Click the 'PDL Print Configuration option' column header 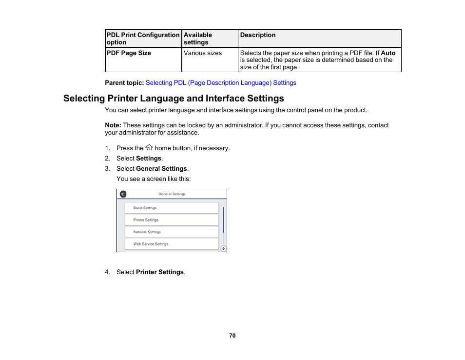(143, 39)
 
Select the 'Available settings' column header (198, 39)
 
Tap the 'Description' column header (258, 35)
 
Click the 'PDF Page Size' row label (129, 53)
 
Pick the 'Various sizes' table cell (203, 53)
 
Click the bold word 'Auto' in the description (388, 53)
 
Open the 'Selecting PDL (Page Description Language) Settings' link (221, 83)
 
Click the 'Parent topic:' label (124, 83)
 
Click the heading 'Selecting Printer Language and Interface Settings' (174, 99)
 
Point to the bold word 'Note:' (113, 125)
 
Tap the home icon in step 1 (149, 148)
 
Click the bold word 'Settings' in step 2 (149, 159)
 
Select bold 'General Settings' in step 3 (161, 169)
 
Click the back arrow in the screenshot (123, 194)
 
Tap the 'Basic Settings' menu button (171, 208)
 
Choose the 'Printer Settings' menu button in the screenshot (171, 220)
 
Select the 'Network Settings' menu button (171, 232)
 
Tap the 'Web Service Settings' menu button (171, 244)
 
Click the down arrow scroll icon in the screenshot (223, 248)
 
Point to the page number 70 (232, 336)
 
